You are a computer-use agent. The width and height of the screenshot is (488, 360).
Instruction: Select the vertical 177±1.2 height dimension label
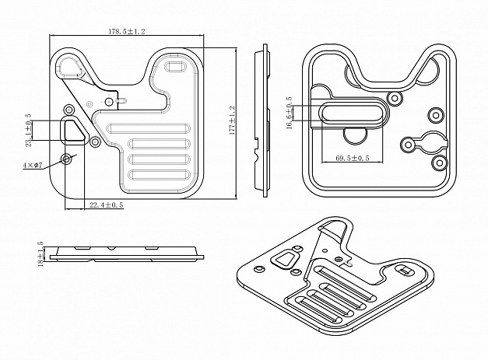(232, 121)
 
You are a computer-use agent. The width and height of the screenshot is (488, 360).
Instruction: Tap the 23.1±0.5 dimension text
(29, 130)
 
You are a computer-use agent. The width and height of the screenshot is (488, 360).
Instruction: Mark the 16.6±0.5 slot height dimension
(289, 114)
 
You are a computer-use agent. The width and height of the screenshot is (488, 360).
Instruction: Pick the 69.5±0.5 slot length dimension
(347, 159)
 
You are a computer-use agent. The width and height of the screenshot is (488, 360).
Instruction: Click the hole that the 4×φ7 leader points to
(68, 159)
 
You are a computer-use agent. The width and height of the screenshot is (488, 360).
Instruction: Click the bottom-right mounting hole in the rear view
(437, 164)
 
